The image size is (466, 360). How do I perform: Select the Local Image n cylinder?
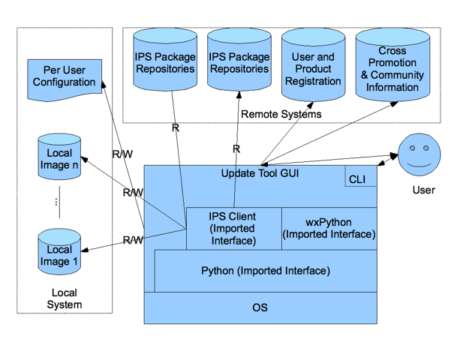coord(59,158)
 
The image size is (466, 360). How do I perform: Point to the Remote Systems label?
coord(281,114)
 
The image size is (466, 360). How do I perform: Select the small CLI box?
coord(357,179)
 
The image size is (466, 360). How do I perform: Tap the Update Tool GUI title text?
coord(259,173)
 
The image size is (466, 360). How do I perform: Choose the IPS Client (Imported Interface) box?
coord(233,228)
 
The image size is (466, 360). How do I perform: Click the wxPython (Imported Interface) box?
coord(329,228)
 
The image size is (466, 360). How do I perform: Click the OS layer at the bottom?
coord(260,307)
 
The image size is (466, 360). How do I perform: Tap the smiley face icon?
coord(417,154)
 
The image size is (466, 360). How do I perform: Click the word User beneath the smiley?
coord(423,190)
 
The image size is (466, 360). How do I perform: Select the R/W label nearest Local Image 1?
coord(133,240)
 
